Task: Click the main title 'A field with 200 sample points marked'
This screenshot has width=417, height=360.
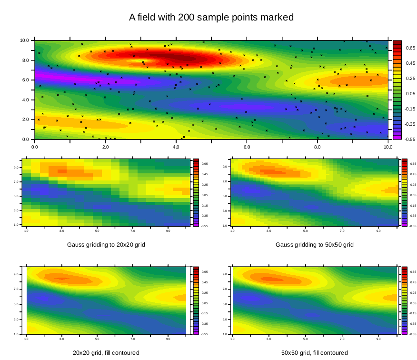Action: (211, 18)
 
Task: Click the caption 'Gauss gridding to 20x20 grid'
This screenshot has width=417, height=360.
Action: (106, 245)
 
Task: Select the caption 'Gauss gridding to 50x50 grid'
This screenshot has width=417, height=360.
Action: (314, 245)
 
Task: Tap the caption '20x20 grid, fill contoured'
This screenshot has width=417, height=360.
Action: (106, 353)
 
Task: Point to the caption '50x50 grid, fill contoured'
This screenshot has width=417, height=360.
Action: (314, 353)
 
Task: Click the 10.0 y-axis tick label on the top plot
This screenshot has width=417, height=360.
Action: (24, 40)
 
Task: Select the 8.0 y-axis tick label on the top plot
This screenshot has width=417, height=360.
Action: (25, 60)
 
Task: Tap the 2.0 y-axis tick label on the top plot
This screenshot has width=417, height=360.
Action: (25, 120)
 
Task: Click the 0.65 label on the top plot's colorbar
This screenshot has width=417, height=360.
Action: (411, 48)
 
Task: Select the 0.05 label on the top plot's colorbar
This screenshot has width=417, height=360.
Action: (411, 93)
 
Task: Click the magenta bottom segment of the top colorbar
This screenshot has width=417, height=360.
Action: (397, 137)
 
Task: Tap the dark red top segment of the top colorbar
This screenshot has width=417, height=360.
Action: (397, 43)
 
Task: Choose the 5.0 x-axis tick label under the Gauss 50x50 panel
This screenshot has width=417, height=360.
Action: (305, 231)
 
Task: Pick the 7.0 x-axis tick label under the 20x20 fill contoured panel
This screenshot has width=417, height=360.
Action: (133, 339)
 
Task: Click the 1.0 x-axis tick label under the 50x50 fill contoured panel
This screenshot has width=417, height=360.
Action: (232, 339)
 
